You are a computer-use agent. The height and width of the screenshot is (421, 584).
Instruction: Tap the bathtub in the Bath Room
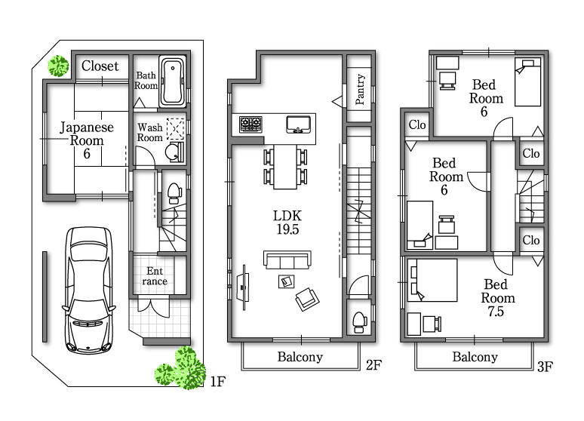[x=173, y=81]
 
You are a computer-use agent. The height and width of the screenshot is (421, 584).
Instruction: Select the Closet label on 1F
[x=100, y=66]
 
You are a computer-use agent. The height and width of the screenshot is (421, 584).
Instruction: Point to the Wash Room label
[x=149, y=133]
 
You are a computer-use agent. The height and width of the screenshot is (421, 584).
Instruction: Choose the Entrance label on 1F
[x=156, y=276]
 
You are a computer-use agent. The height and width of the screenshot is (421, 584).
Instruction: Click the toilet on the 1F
[x=172, y=192]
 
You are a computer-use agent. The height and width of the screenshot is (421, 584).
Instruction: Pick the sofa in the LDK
[x=286, y=260]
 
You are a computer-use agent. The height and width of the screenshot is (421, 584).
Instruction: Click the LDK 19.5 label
[x=286, y=223]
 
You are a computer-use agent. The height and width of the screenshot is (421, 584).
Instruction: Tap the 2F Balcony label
[x=300, y=357]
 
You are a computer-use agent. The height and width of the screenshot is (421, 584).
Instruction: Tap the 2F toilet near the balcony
[x=358, y=319]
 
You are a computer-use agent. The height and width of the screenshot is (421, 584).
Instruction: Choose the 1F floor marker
[x=217, y=383]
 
